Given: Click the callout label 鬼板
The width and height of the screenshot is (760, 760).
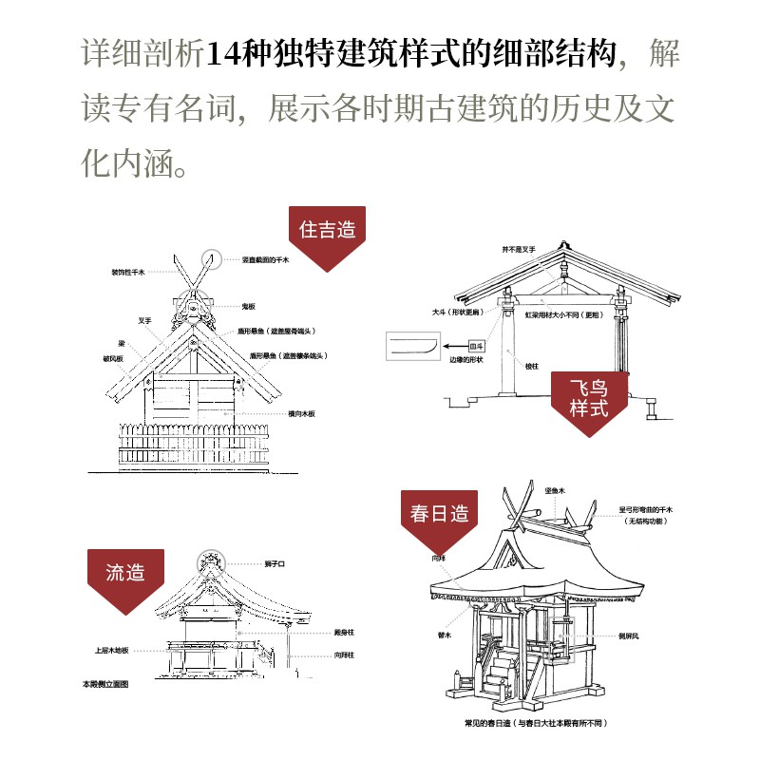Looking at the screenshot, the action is coord(249,306).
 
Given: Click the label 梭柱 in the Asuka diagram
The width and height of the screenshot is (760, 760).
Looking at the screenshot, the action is coord(529,364).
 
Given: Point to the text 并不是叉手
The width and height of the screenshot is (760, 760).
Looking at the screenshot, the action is coord(519,249).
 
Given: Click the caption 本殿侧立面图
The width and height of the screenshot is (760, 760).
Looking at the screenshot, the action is coord(104,684).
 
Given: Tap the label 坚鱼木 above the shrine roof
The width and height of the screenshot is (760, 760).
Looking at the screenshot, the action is coord(555,490).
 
